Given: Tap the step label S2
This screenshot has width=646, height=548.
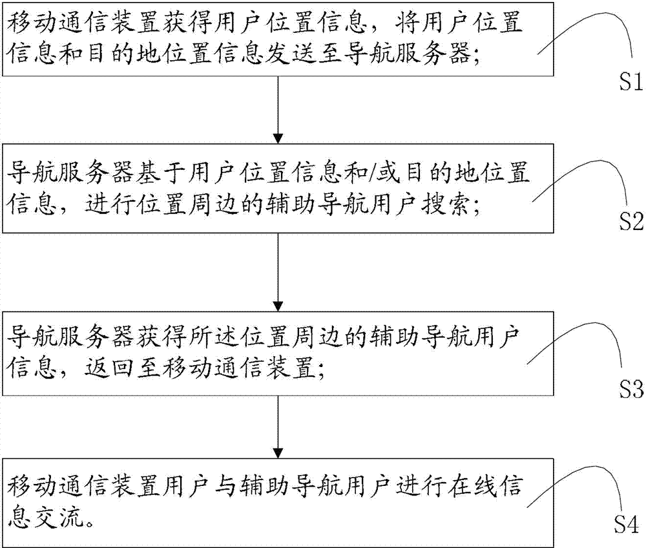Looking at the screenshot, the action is pyautogui.click(x=630, y=221).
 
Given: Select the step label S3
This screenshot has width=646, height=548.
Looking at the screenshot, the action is pyautogui.click(x=630, y=388).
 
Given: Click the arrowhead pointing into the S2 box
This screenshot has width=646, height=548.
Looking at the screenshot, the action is pyautogui.click(x=278, y=138).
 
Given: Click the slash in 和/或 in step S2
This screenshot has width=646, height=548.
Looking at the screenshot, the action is pyautogui.click(x=373, y=173).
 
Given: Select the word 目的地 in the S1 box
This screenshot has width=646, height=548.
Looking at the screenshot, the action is pyautogui.click(x=121, y=54).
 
